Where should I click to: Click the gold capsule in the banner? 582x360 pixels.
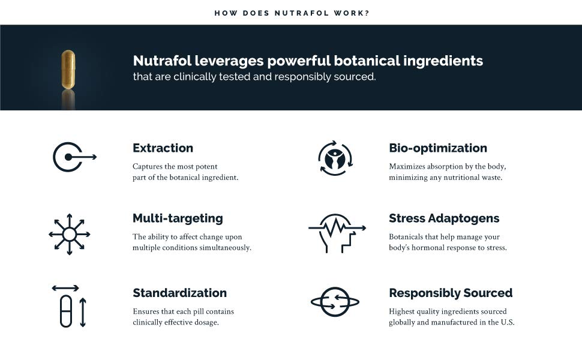[68, 70]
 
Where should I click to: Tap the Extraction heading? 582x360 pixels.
[163, 148]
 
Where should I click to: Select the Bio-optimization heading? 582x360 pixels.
[438, 148]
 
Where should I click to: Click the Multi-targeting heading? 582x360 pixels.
[178, 218]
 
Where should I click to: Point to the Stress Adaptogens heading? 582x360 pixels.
[444, 218]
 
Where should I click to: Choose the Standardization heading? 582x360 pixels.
[179, 293]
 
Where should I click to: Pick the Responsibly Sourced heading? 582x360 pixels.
[451, 293]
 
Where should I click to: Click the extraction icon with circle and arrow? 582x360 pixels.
[74, 157]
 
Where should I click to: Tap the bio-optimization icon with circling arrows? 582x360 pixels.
[335, 158]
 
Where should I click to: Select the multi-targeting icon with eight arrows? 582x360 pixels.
[70, 234]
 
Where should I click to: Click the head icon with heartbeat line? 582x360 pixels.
[337, 233]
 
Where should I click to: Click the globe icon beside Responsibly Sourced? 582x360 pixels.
[335, 302]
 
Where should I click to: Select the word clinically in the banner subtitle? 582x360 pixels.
[194, 76]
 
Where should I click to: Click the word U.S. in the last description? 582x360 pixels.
[508, 322]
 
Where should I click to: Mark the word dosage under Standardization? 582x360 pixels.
[206, 322]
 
